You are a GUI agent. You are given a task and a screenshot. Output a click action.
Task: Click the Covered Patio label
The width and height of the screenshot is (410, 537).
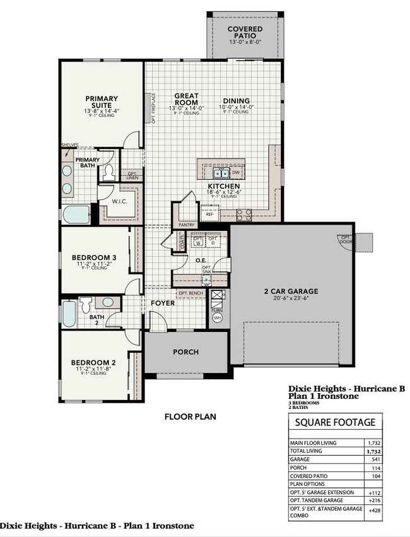pyautogui.click(x=245, y=33)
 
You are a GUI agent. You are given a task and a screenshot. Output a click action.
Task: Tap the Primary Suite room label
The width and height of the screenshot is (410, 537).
pyautogui.click(x=102, y=102)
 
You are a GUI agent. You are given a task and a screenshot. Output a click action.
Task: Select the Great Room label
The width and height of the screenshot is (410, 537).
pyautogui.click(x=186, y=100)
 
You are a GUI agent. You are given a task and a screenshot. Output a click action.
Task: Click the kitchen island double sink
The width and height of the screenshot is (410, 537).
pyautogui.click(x=221, y=172)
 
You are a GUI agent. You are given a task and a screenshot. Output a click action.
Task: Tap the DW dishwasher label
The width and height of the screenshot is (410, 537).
pyautogui.click(x=236, y=172)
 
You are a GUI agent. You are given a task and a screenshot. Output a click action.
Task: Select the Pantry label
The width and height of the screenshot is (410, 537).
pyautogui.click(x=186, y=224)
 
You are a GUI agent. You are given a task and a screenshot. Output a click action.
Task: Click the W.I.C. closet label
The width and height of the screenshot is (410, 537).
pyautogui.click(x=121, y=202)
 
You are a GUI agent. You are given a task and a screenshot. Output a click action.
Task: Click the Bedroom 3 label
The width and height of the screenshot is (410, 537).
pyautogui.click(x=93, y=257)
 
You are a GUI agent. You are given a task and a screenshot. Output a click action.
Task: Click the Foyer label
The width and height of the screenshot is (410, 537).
pyautogui.click(x=162, y=304)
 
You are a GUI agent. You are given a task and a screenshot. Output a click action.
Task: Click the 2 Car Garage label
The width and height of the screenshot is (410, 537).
pyautogui.click(x=290, y=292)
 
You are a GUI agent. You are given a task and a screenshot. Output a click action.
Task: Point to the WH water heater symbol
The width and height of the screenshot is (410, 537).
pyautogui.click(x=217, y=317)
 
